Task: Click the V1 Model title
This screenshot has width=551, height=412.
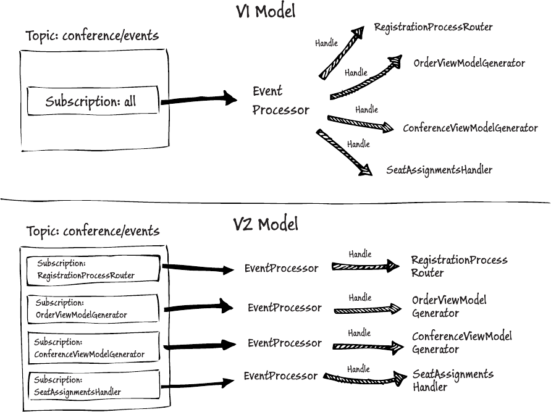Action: point(266,11)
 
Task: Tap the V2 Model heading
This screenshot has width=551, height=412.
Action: point(266,224)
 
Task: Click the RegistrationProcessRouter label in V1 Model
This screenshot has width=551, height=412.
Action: point(433,27)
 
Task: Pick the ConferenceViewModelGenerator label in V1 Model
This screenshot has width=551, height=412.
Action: point(470,128)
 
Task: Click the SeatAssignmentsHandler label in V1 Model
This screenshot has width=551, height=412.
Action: point(439,170)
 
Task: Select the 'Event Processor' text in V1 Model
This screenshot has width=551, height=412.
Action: point(280,101)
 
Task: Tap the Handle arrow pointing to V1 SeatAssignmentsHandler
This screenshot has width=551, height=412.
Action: point(343,153)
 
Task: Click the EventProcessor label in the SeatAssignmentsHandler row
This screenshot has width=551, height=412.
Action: point(280,376)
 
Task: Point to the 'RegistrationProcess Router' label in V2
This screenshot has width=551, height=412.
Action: point(459,266)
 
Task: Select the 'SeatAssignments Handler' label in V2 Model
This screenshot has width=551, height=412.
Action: point(452,380)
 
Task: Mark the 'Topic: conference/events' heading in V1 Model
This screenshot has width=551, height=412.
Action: point(92,36)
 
